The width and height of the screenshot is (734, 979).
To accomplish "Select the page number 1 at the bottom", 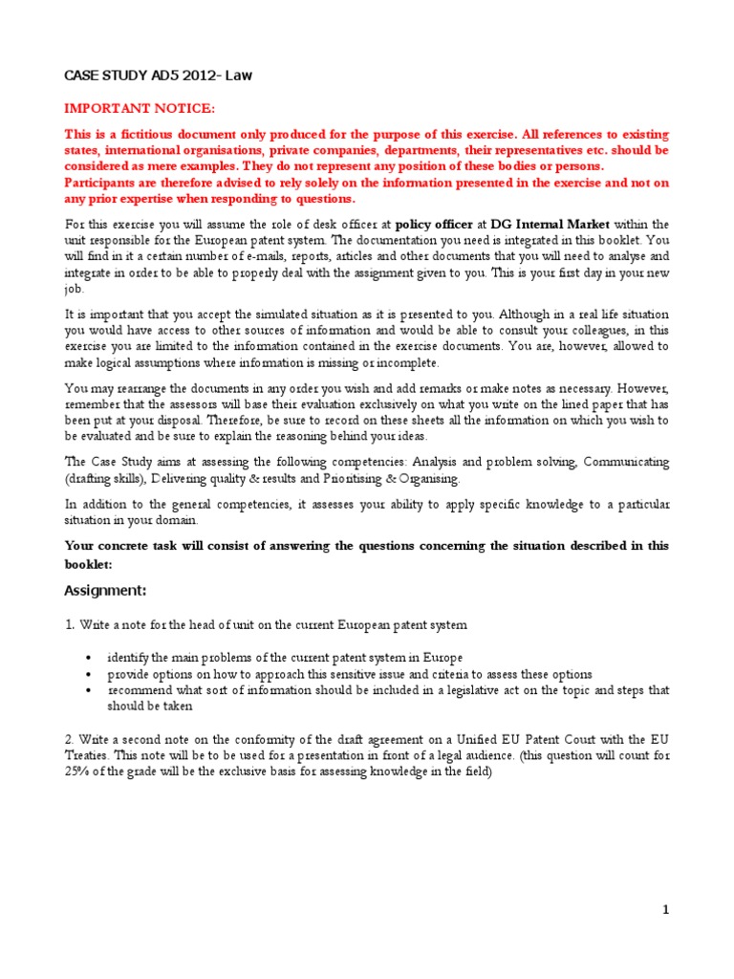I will tap(666, 910).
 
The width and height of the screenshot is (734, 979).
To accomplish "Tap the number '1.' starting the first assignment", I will tap(69, 625).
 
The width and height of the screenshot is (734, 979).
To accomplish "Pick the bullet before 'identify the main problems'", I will tap(88, 659).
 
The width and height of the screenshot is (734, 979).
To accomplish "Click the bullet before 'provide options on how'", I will tap(88, 674).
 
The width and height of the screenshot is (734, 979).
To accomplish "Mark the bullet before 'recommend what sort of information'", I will tap(88, 689).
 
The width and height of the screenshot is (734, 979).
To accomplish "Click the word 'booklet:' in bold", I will tap(88, 564).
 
